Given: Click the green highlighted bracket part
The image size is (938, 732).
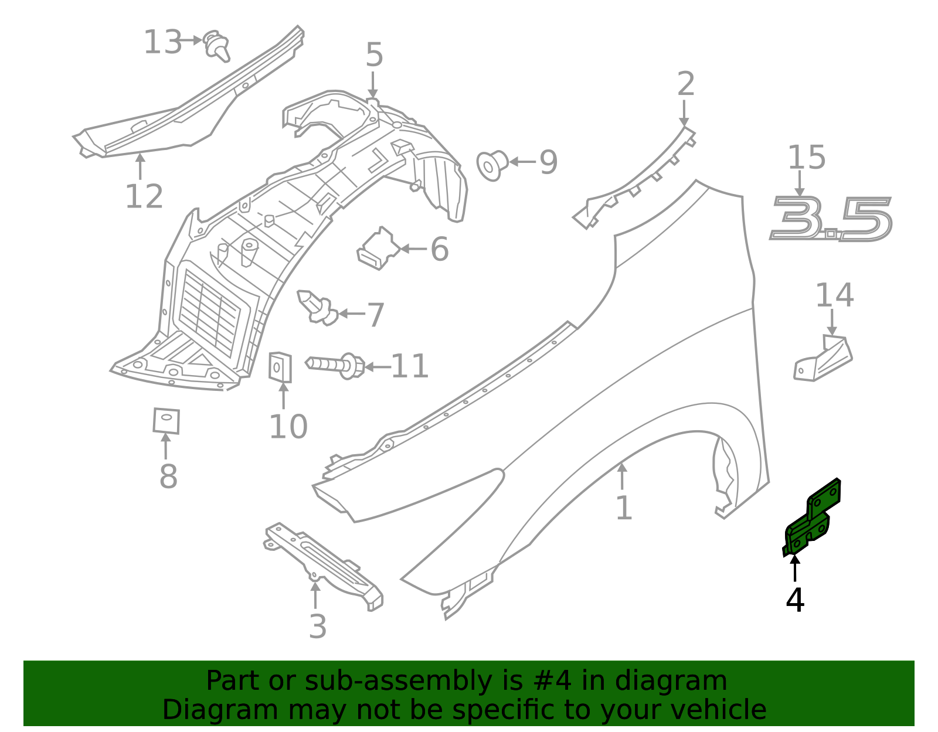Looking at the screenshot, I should (x=812, y=519).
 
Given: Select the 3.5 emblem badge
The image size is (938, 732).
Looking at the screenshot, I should (x=831, y=219).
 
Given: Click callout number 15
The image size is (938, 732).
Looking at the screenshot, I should (x=806, y=158).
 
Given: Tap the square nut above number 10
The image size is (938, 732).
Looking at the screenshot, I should (x=280, y=367).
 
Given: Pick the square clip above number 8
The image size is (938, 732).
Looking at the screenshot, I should (x=166, y=420).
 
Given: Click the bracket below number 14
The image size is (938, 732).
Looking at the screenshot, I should (x=823, y=359).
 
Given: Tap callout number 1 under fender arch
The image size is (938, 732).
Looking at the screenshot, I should (x=624, y=508).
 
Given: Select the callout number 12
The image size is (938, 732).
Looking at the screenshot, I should (x=144, y=196).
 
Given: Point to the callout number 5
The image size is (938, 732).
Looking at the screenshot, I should (x=374, y=55).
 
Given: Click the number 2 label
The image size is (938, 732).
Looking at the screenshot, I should (x=686, y=84).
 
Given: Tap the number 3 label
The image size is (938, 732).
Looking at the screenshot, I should (x=317, y=627).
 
